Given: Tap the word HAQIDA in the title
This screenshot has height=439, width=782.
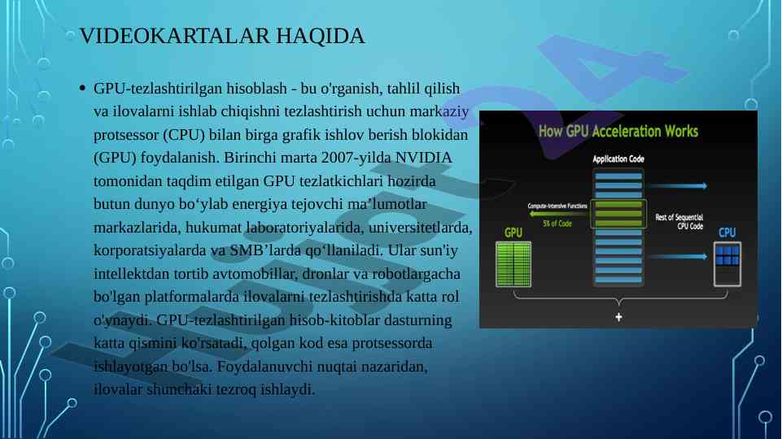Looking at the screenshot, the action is tap(321, 37).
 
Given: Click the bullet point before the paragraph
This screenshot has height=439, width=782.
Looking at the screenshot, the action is tap(82, 88).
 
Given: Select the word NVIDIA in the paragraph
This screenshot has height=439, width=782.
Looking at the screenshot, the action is tap(423, 158).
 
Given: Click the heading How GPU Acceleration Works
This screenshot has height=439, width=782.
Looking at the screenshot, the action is tap(618, 132).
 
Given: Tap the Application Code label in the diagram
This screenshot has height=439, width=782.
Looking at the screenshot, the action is tap(618, 159).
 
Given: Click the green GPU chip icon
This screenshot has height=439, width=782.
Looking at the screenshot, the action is tap(513, 264).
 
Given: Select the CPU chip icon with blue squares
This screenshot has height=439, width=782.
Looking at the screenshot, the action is tap(727, 264).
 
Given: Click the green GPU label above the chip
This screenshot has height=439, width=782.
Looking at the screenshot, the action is tap(513, 233).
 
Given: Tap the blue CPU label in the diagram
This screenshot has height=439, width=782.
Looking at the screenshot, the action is tap(727, 233).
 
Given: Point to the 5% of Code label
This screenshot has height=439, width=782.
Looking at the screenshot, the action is tap(557, 224).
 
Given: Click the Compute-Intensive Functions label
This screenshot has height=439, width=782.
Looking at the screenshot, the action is tap(557, 206).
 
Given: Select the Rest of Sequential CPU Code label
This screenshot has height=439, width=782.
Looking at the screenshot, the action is tap(679, 222).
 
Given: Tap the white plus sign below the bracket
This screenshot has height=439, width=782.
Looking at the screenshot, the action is tap(618, 317).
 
